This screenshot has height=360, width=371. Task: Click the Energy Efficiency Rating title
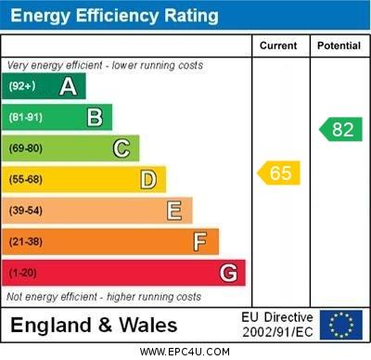pyautogui.click(x=114, y=16)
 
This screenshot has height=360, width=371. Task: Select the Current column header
pyautogui.click(x=278, y=45)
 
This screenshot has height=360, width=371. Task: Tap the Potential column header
pyautogui.click(x=339, y=45)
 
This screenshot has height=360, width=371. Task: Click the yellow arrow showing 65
pyautogui.click(x=279, y=173)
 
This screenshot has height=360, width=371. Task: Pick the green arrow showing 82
pyautogui.click(x=340, y=129)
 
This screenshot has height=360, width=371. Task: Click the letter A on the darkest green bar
pyautogui.click(x=68, y=86)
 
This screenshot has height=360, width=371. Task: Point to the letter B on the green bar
pyautogui.click(x=95, y=117)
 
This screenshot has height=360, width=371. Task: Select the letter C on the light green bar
pyautogui.click(x=122, y=148)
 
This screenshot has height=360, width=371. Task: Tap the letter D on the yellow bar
pyautogui.click(x=148, y=179)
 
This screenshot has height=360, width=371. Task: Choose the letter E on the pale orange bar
pyautogui.click(x=174, y=211)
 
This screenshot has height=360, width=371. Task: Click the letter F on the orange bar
pyautogui.click(x=200, y=242)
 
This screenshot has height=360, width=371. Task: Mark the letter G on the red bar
pyautogui.click(x=228, y=273)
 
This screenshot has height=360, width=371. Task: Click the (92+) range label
pyautogui.click(x=22, y=86)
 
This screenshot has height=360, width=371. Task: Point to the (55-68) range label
pyautogui.click(x=26, y=179)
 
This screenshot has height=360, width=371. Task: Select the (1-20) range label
pyautogui.click(x=23, y=273)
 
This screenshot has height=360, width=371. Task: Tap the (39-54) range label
pyautogui.click(x=26, y=211)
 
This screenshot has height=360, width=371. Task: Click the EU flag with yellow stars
pyautogui.click(x=340, y=325)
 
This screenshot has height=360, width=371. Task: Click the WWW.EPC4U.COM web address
pyautogui.click(x=185, y=352)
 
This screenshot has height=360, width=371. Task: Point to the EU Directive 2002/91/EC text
pyautogui.click(x=277, y=325)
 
